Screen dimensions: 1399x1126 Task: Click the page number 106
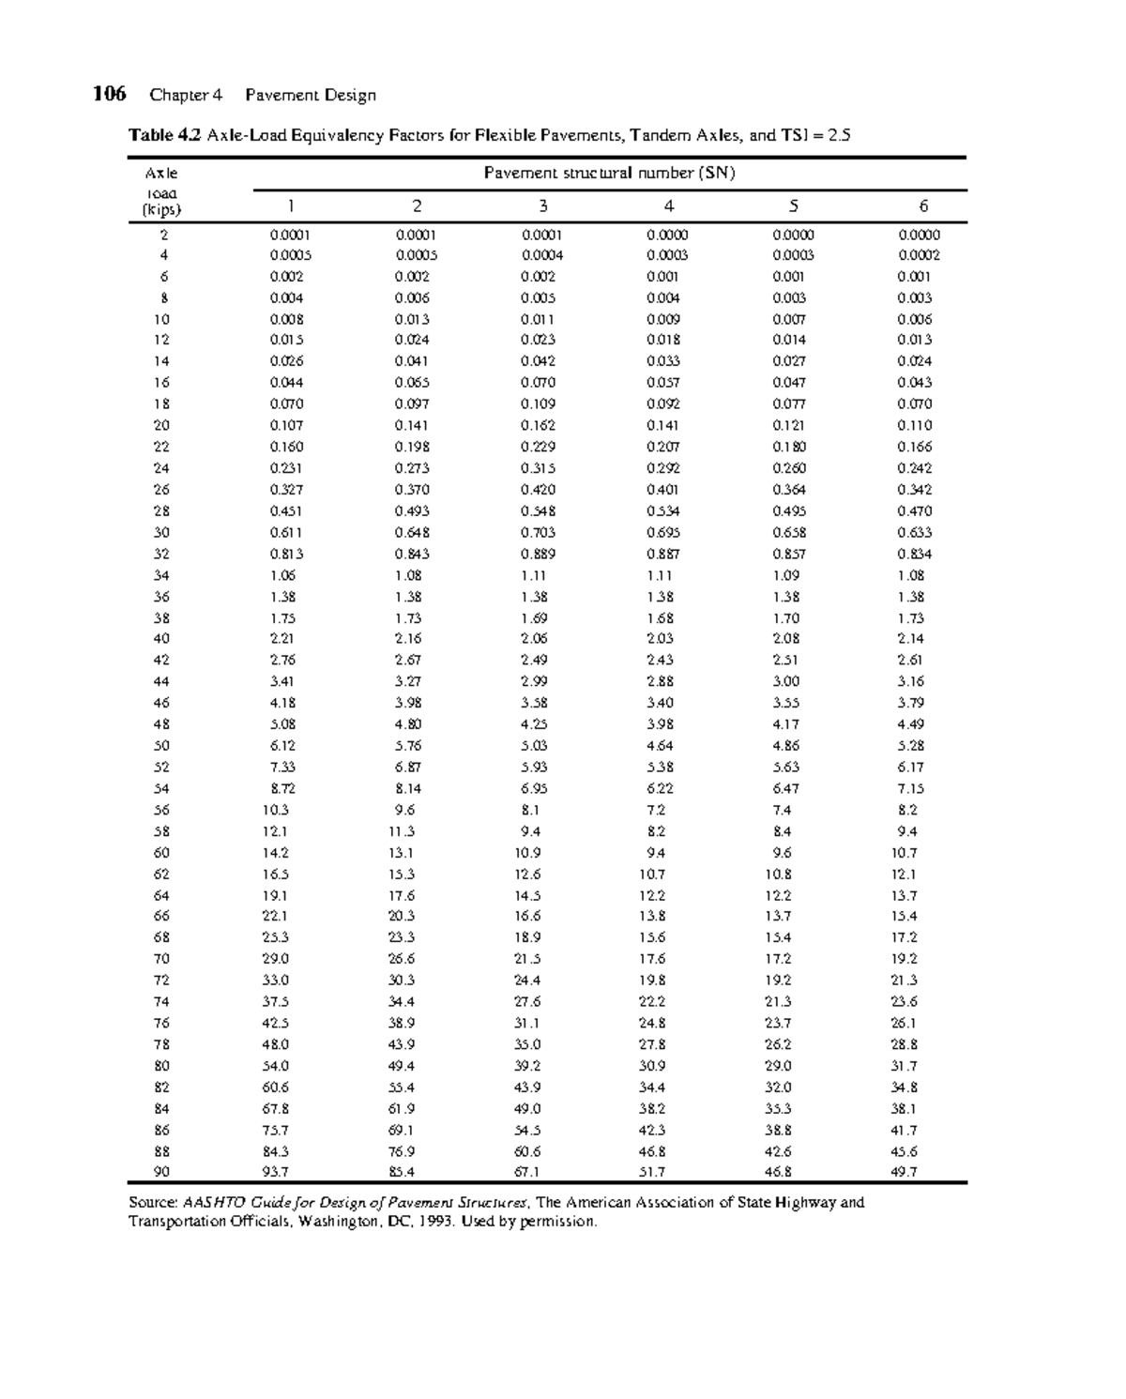click(x=109, y=94)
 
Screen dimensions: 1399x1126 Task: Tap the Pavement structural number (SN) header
click(x=609, y=173)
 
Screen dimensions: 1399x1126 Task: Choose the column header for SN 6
click(x=922, y=206)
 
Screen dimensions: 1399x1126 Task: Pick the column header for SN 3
click(x=542, y=206)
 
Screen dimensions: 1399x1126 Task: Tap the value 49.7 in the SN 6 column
click(x=905, y=1171)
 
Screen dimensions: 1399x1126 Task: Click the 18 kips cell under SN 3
click(x=538, y=403)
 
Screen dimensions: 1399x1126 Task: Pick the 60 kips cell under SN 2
click(x=402, y=853)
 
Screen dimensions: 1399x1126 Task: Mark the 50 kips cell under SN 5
click(x=785, y=746)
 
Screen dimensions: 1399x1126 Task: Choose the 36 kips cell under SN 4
click(x=660, y=597)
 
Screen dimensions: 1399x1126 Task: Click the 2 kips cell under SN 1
click(x=290, y=236)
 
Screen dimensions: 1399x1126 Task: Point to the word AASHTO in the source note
click(x=210, y=1202)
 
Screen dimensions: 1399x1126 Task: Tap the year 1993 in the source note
click(x=428, y=1222)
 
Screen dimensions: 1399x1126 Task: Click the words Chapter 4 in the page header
click(x=186, y=95)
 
